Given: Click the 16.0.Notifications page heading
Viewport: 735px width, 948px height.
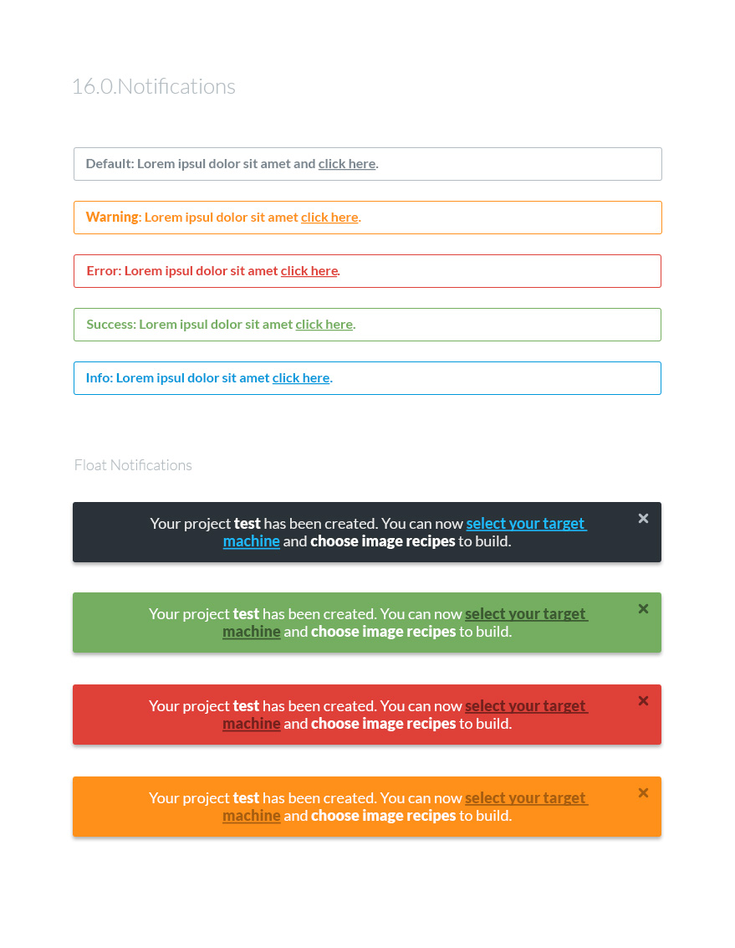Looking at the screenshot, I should pyautogui.click(x=153, y=86).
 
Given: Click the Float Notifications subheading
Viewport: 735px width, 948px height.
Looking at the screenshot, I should pyautogui.click(x=133, y=465).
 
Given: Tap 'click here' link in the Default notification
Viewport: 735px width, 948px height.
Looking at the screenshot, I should pyautogui.click(x=346, y=164).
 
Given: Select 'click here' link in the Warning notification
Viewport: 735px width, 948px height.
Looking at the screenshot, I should pyautogui.click(x=329, y=218).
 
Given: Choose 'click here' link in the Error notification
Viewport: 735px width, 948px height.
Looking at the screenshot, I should pyautogui.click(x=309, y=271).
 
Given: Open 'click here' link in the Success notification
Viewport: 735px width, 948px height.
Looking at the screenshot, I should pyautogui.click(x=324, y=325).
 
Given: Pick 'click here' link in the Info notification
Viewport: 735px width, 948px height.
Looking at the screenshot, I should pyautogui.click(x=301, y=378).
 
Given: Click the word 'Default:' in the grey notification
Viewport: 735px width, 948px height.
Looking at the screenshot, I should pyautogui.click(x=110, y=164).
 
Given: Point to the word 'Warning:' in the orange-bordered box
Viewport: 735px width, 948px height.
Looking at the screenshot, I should pyautogui.click(x=113, y=218).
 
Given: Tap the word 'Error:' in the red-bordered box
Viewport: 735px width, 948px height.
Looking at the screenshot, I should pyautogui.click(x=105, y=271).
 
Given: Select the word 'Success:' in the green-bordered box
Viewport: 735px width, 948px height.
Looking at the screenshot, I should pyautogui.click(x=111, y=325).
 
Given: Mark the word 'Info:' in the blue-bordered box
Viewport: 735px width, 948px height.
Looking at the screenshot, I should pyautogui.click(x=100, y=378).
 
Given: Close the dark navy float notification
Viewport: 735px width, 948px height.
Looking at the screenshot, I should pyautogui.click(x=643, y=519).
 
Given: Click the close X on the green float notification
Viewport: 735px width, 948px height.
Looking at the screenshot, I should pyautogui.click(x=643, y=609).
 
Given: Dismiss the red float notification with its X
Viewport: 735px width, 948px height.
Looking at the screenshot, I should pyautogui.click(x=643, y=701).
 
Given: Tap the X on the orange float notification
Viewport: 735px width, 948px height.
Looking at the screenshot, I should pyautogui.click(x=643, y=793).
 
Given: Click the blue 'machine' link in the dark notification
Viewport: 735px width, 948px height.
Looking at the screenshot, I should pyautogui.click(x=251, y=541).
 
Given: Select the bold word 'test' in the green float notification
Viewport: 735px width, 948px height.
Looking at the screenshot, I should pyautogui.click(x=246, y=614).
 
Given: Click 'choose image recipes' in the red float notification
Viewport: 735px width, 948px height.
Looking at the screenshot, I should pyautogui.click(x=383, y=724).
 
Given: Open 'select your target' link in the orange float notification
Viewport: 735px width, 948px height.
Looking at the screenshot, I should pyautogui.click(x=525, y=798).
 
